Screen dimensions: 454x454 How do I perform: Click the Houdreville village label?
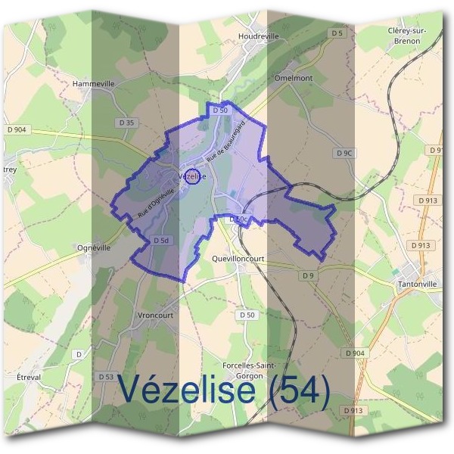point(257,36)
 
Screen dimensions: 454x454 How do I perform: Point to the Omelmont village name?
point(294,78)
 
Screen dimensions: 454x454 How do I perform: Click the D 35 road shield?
point(126,122)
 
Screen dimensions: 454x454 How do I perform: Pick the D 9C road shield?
point(344,154)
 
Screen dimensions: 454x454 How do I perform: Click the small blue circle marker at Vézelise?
point(192,176)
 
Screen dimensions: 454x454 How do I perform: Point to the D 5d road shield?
point(160,240)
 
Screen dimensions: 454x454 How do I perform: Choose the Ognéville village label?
point(94,247)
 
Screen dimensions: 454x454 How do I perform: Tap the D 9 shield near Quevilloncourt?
point(307,275)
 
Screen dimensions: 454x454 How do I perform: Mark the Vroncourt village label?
point(157,316)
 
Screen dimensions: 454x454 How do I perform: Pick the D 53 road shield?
point(106,376)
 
